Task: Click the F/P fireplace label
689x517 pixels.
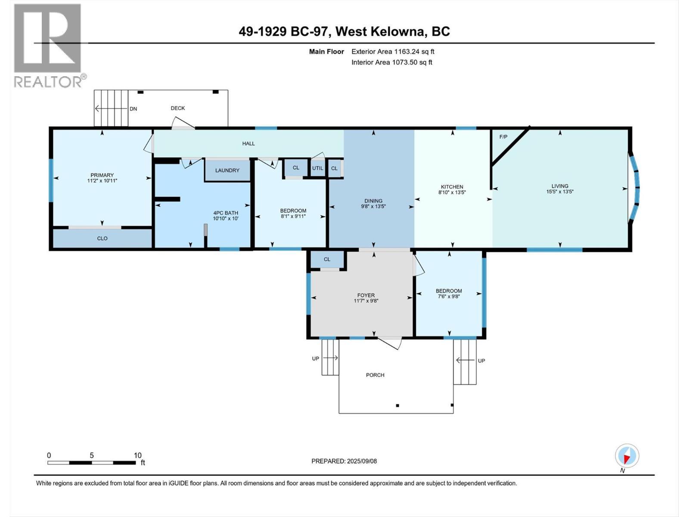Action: coord(503,137)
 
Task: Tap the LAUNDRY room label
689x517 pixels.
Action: coord(227,170)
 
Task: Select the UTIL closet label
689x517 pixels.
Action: coord(317,168)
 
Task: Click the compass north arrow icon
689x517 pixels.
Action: coord(627,455)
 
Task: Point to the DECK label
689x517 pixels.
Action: coord(177,108)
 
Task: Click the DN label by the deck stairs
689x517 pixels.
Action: coord(133,109)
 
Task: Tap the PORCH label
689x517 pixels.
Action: coord(375,375)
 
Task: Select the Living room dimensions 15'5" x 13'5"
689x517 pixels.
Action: coord(560,192)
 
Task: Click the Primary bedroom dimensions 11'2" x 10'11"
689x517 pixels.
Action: coord(102,181)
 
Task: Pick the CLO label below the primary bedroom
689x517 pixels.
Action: coord(102,238)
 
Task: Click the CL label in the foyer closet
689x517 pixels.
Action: coord(327,259)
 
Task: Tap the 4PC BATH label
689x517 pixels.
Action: coord(225,213)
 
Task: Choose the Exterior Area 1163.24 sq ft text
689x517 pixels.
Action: coord(393,51)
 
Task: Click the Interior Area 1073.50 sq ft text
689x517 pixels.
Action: coord(391,62)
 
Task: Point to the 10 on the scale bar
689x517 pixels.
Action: coord(137,455)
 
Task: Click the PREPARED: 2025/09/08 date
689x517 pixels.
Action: coord(344,461)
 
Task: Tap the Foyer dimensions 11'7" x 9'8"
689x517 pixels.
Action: coord(366,301)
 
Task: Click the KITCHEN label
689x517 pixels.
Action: coord(452,187)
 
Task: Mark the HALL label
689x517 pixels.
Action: coord(248,143)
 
